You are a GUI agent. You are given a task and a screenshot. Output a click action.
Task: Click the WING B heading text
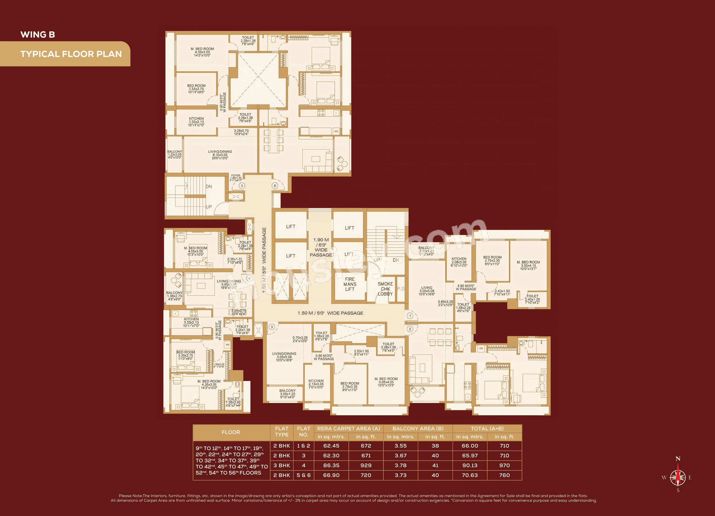point(38,34)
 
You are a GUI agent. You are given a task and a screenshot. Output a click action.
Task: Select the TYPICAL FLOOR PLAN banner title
point(71,54)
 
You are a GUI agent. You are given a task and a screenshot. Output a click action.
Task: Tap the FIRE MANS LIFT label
point(350,284)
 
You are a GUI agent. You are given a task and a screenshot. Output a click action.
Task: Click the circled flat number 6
point(275,185)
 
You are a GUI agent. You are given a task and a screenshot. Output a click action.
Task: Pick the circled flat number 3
point(272,327)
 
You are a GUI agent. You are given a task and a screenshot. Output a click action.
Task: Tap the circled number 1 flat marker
point(410,315)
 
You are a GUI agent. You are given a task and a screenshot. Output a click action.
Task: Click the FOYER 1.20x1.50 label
point(235,178)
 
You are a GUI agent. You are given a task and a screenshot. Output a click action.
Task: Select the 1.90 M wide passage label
point(321,247)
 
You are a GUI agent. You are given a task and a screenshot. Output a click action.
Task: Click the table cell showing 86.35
point(331,465)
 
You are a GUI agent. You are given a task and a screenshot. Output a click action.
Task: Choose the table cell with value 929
point(366,465)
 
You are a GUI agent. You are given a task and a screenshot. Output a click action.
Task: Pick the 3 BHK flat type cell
point(281,465)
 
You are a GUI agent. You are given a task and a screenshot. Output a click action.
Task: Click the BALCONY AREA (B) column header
point(418,428)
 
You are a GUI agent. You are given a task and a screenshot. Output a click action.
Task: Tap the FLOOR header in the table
point(231,432)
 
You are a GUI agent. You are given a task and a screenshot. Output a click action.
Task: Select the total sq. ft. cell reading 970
point(504,465)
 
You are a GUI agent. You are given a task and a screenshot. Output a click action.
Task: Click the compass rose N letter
point(678,459)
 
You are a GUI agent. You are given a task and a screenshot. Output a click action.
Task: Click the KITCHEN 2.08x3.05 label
point(459,262)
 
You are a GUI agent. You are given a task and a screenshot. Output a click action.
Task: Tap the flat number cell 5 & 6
point(303,475)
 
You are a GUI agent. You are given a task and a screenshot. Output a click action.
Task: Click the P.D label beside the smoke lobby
point(400,288)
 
